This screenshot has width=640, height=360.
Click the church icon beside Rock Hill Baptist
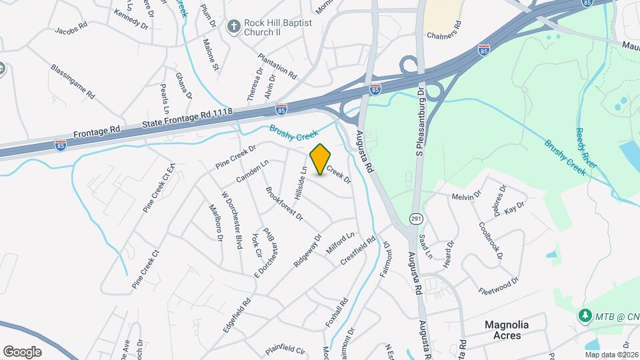point(233,27)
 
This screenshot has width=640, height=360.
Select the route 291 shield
point(415,217)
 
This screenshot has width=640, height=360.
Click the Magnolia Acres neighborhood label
point(507,330)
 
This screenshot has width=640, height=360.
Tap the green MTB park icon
point(585,314)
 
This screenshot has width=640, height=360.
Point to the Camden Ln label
point(252,171)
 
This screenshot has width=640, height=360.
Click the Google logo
point(22,352)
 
